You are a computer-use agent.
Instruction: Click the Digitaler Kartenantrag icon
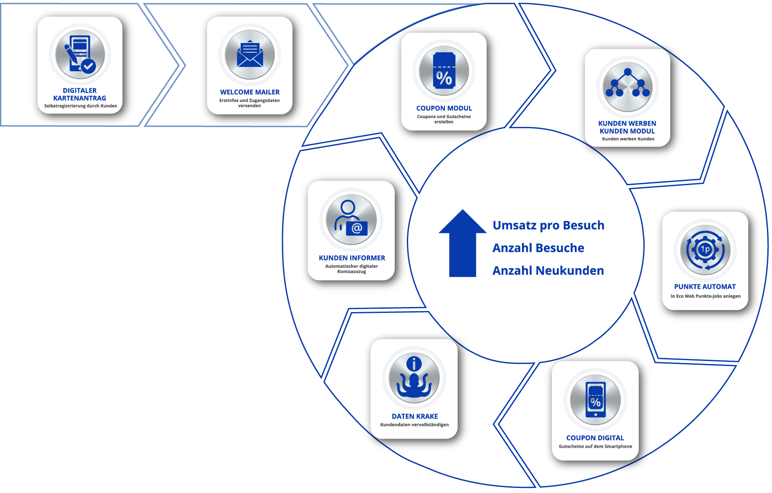pos(80,55)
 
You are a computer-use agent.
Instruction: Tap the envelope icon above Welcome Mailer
pos(250,55)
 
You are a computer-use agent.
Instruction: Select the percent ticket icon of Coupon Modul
pos(444,71)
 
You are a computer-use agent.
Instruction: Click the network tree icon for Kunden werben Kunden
pos(628,87)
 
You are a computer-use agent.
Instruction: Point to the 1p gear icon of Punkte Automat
pos(705,250)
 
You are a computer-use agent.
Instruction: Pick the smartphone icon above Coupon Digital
pos(595,400)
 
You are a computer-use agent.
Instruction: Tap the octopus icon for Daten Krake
pos(414,378)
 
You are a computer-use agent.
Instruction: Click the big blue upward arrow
pos(463,243)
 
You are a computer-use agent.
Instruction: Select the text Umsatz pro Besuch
pos(549,226)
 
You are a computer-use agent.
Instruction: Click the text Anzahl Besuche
pos(538,248)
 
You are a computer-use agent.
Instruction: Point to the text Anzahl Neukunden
pos(548,271)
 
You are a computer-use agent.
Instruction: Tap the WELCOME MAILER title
pos(250,92)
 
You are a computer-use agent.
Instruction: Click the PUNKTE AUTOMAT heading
pos(705,287)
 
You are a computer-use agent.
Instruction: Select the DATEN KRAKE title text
pos(415,416)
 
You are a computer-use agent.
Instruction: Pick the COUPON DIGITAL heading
pos(595,438)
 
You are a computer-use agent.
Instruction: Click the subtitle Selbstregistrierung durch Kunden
pos(81,106)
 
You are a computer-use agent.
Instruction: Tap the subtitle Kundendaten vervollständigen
pos(414,425)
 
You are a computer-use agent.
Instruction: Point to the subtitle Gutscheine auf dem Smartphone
pos(595,446)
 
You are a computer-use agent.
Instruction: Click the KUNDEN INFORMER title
pos(352,258)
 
